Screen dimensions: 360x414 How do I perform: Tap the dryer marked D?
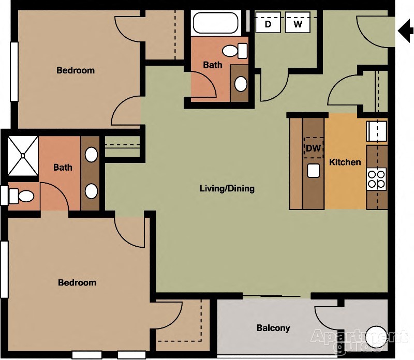(268, 24)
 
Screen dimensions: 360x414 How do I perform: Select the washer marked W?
(298, 24)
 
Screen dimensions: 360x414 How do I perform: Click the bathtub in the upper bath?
(215, 23)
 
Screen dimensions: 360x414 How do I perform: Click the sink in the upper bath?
(241, 83)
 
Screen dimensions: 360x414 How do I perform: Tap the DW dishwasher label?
(314, 148)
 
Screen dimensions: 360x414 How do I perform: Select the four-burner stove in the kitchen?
(376, 178)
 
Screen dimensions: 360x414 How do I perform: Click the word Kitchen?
(345, 162)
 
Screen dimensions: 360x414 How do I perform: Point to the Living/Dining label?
(227, 188)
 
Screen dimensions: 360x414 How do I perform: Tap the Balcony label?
(273, 328)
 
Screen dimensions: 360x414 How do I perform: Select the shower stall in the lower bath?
(23, 154)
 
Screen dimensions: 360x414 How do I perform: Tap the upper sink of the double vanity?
(91, 154)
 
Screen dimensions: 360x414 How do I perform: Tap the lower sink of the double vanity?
(91, 191)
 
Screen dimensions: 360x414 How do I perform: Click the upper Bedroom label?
(76, 70)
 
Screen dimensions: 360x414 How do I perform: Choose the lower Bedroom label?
(77, 282)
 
